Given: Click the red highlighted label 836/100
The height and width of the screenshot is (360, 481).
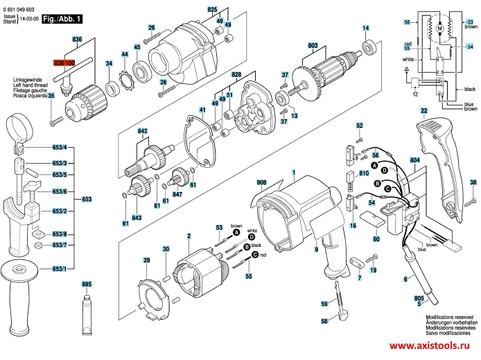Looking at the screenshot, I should pos(64,62).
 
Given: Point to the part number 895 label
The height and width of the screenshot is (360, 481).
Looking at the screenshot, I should pos(87,284).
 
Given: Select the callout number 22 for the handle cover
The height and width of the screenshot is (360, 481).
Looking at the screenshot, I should pos(423,111).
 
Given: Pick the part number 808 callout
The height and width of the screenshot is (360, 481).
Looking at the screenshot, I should pos(261,184).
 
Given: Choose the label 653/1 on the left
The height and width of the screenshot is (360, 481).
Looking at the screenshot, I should pos(60,268).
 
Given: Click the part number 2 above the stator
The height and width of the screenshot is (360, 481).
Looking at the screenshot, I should pos(189,237).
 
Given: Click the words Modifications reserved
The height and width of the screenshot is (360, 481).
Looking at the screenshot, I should pos(449,315).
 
